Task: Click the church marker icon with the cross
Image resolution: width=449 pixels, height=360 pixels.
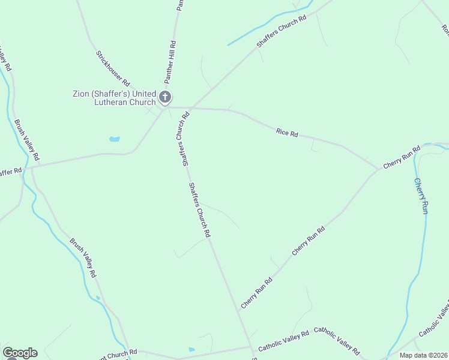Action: pyautogui.click(x=165, y=97)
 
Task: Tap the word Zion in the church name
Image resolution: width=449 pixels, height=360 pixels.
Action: pyautogui.click(x=82, y=94)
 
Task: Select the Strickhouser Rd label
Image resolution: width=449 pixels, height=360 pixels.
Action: pyautogui.click(x=113, y=68)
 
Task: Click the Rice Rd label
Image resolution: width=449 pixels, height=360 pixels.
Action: pyautogui.click(x=287, y=132)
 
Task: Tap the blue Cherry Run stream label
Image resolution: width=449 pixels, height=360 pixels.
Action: pyautogui.click(x=421, y=196)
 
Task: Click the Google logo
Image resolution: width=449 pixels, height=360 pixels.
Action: pyautogui.click(x=20, y=353)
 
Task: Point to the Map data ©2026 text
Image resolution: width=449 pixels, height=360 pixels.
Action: pyautogui.click(x=424, y=355)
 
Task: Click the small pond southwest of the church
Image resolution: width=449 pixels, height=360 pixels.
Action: pyautogui.click(x=114, y=139)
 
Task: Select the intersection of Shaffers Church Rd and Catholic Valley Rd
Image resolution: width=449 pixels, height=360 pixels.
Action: pyautogui.click(x=251, y=348)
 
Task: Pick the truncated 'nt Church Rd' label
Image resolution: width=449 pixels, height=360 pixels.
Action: pyautogui.click(x=120, y=352)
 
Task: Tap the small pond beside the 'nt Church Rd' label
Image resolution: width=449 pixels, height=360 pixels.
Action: pyautogui.click(x=191, y=349)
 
